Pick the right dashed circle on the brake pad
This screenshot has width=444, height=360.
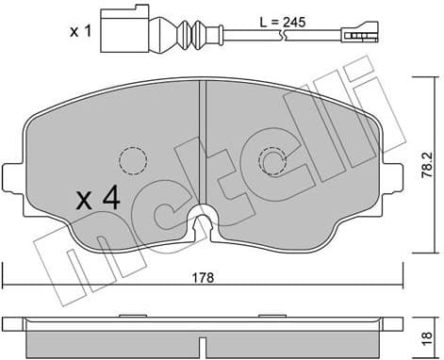click(x=274, y=163)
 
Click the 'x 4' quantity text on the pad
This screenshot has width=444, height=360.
click(x=98, y=200)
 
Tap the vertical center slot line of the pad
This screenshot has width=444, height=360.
click(x=204, y=141)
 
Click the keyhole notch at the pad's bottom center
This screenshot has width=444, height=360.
click(x=202, y=222)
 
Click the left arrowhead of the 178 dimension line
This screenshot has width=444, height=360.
click(x=7, y=287)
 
